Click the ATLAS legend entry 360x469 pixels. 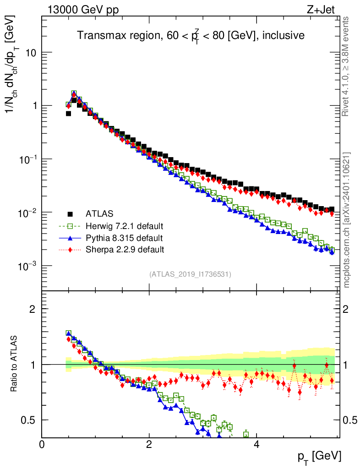coord(99,213)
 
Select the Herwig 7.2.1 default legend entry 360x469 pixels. coord(125,226)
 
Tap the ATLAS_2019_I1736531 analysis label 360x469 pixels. coord(190,274)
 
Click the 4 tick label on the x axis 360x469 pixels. coord(257,445)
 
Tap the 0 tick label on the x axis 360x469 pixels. coord(42,445)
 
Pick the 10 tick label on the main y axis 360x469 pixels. coord(30,53)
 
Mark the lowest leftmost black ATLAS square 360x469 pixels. coord(69,114)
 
